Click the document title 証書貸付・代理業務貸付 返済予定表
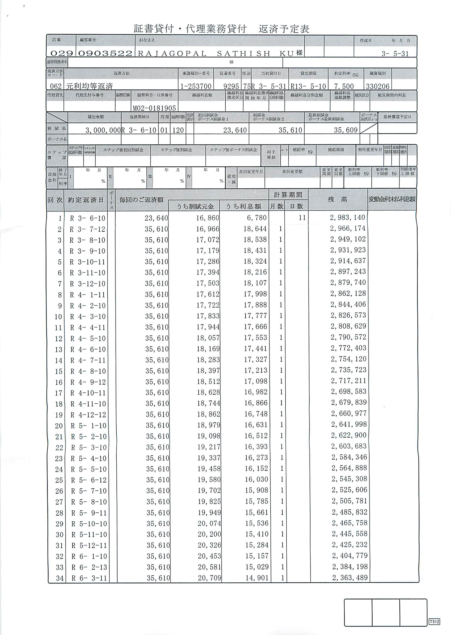click(221, 29)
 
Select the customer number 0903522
click(105, 53)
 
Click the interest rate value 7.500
click(344, 86)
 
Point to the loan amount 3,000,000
click(103, 130)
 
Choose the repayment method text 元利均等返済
click(89, 86)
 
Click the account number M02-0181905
click(155, 108)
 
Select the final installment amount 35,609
click(346, 130)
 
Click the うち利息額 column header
click(243, 206)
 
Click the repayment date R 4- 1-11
click(88, 295)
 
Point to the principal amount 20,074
click(209, 523)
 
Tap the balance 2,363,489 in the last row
click(350, 578)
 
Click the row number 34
click(60, 578)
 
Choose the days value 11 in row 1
click(302, 218)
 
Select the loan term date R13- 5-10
click(308, 86)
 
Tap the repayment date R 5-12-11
click(89, 545)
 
